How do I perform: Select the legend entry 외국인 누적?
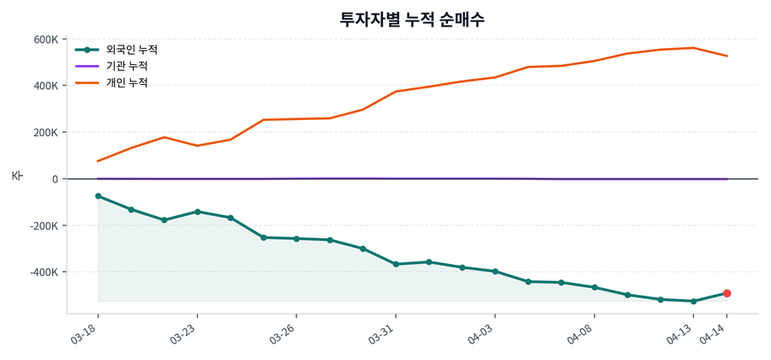point(126,50)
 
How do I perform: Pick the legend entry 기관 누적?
point(126,66)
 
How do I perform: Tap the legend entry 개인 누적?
point(126,82)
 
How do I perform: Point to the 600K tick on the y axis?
point(45,39)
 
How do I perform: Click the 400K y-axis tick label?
point(45,86)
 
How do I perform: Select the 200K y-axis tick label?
point(45,133)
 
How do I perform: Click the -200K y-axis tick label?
point(43,225)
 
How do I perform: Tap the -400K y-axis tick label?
point(43,272)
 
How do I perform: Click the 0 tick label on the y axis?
point(55,179)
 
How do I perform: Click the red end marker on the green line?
point(726,293)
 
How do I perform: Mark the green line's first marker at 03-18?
point(99,196)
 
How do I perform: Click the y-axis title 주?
point(16,176)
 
